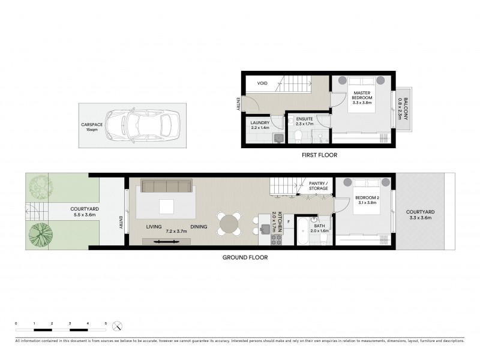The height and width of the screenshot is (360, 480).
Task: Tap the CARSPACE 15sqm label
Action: [92, 127]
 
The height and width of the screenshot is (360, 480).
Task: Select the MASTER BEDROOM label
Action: [362, 95]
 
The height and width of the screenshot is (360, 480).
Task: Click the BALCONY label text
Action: [406, 110]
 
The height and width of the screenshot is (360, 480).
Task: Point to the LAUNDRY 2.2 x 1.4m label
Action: [260, 125]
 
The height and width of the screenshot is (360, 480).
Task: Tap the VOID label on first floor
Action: [262, 83]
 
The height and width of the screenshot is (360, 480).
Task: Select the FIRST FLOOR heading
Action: [319, 155]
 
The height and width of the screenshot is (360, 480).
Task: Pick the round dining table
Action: [229, 224]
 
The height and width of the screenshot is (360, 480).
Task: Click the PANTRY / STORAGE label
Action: [318, 186]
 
